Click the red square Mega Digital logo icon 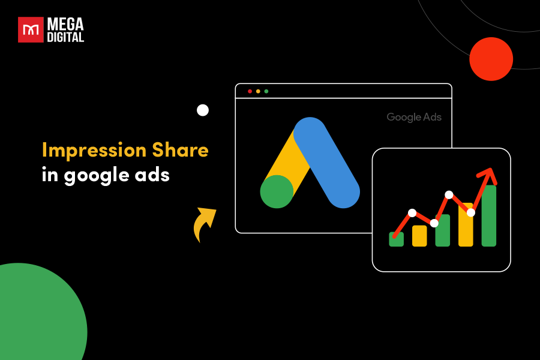pyautogui.click(x=31, y=29)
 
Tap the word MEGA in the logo pyautogui.click(x=66, y=24)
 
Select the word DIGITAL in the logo pyautogui.click(x=66, y=37)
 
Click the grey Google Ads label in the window pyautogui.click(x=414, y=117)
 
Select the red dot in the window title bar pyautogui.click(x=250, y=91)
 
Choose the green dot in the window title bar pyautogui.click(x=266, y=91)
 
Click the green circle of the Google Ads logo pyautogui.click(x=277, y=192)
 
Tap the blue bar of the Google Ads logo pyautogui.click(x=326, y=163)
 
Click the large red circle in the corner pyautogui.click(x=491, y=59)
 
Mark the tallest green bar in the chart pyautogui.click(x=489, y=216)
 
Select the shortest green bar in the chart pyautogui.click(x=397, y=239)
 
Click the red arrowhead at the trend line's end pyautogui.click(x=488, y=175)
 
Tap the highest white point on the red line pyautogui.click(x=449, y=195)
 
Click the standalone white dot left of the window pyautogui.click(x=203, y=110)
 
